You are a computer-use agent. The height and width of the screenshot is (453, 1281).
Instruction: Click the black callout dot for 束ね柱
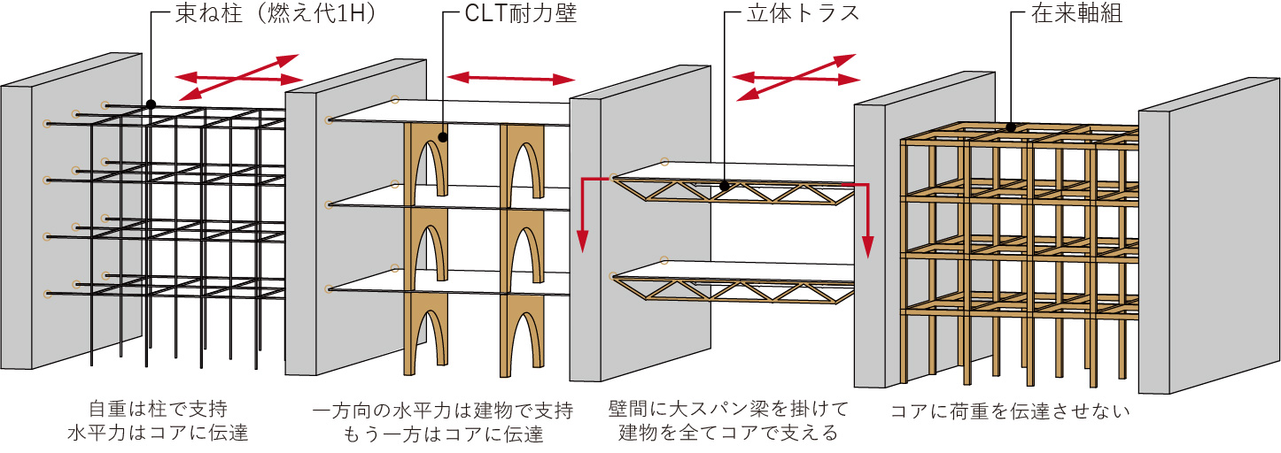coord(151,104)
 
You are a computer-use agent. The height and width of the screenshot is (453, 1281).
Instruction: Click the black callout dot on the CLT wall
coord(442,137)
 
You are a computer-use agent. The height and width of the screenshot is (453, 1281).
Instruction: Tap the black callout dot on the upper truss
coord(726,186)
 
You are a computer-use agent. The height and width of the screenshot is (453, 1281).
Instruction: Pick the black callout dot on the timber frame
coord(1011,127)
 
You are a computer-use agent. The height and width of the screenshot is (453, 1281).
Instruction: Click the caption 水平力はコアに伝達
coord(157,434)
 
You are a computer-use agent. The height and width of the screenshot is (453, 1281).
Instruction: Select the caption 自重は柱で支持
coord(157,410)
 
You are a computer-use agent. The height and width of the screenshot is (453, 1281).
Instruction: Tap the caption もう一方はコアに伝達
coord(443,434)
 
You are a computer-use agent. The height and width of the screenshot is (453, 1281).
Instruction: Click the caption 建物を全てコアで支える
coord(728,434)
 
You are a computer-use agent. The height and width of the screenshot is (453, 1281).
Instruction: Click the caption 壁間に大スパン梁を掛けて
coord(728,410)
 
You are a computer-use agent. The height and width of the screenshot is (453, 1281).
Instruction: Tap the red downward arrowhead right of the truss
coord(869,249)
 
